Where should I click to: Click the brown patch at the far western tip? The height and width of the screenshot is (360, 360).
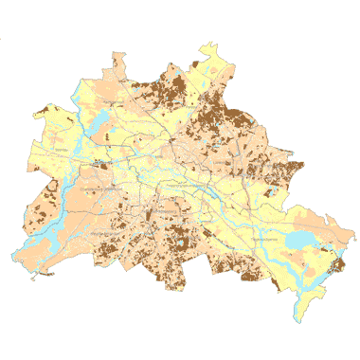[40, 112]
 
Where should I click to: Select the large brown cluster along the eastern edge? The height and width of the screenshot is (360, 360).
[284, 171]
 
